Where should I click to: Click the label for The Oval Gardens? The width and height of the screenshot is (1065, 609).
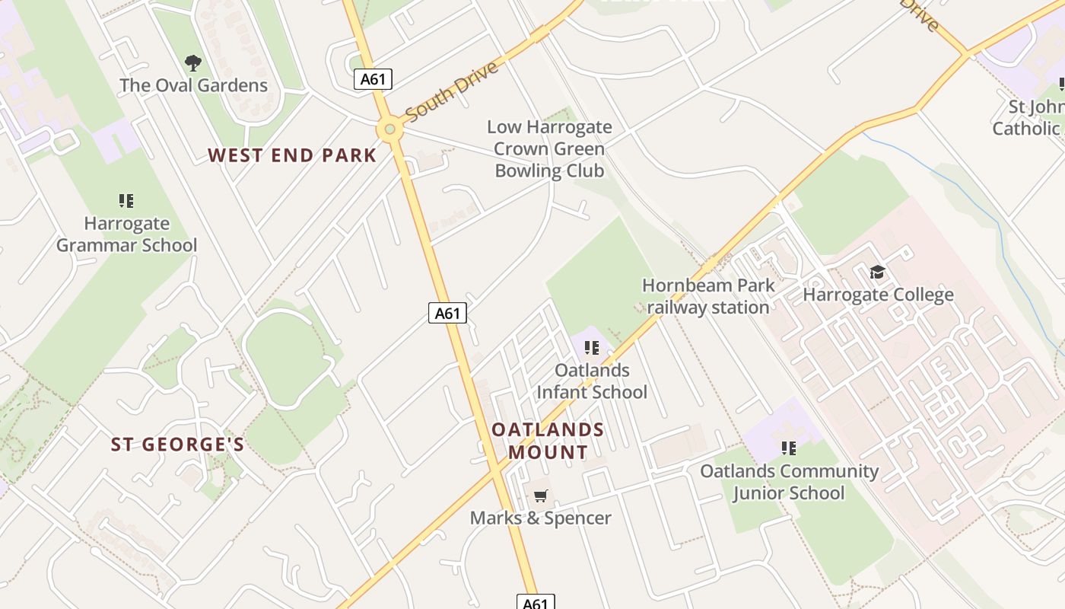coord(193,85)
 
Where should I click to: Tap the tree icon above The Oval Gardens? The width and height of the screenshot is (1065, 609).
coord(193,63)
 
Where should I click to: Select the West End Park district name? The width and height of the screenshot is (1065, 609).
coord(292,155)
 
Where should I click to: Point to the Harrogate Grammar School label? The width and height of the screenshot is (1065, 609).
coord(126,234)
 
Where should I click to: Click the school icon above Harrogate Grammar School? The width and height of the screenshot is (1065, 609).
coord(126,201)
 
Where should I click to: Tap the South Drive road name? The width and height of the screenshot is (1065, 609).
coord(452,91)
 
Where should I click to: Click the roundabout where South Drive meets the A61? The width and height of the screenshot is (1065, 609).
coord(389,129)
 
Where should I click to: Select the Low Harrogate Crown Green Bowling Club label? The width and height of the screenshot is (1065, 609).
coord(549,148)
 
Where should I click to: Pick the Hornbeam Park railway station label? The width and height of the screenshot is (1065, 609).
coord(708,296)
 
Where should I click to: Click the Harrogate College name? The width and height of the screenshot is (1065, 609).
coord(878,295)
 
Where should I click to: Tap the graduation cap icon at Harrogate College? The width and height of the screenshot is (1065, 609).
coord(878,272)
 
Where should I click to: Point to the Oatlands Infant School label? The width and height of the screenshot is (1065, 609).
coord(592,381)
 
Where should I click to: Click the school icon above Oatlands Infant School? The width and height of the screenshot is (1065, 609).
coord(592,348)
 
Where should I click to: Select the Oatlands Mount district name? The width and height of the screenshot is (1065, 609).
coord(548,441)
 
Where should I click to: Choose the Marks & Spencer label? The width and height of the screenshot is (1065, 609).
coord(540,518)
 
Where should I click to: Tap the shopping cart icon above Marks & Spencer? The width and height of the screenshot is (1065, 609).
coord(540,496)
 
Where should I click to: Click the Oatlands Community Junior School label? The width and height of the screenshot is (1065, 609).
coord(789,482)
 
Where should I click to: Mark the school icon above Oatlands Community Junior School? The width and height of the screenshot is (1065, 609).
coord(789,448)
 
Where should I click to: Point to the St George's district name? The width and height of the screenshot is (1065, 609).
coord(177,445)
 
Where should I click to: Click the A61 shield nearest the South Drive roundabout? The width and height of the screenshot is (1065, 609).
coord(373,78)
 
